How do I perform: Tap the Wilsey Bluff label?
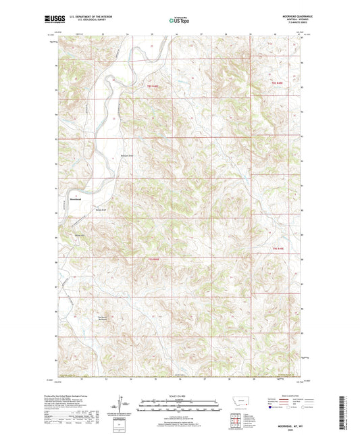click(x=101, y=209)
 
